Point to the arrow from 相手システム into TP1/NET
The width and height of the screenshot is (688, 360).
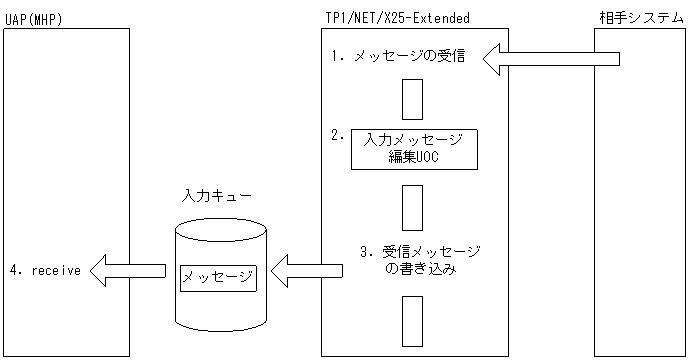click(551, 61)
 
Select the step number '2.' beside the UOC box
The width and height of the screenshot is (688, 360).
click(338, 133)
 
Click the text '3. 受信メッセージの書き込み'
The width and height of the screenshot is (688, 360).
click(420, 260)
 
